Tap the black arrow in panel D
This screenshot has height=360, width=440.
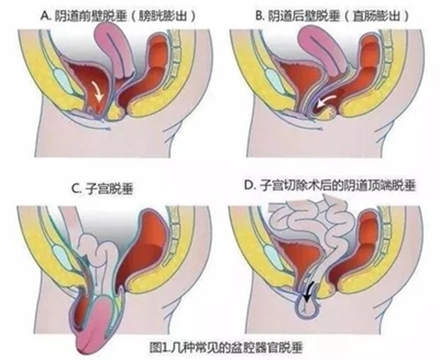309,292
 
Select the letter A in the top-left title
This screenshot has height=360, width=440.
44,17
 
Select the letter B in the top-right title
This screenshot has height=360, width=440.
258,17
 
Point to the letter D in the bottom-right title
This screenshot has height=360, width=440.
248,186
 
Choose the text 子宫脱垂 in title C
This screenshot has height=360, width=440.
108,189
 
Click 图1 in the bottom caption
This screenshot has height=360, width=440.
160,348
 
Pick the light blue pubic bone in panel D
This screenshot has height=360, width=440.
274,255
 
